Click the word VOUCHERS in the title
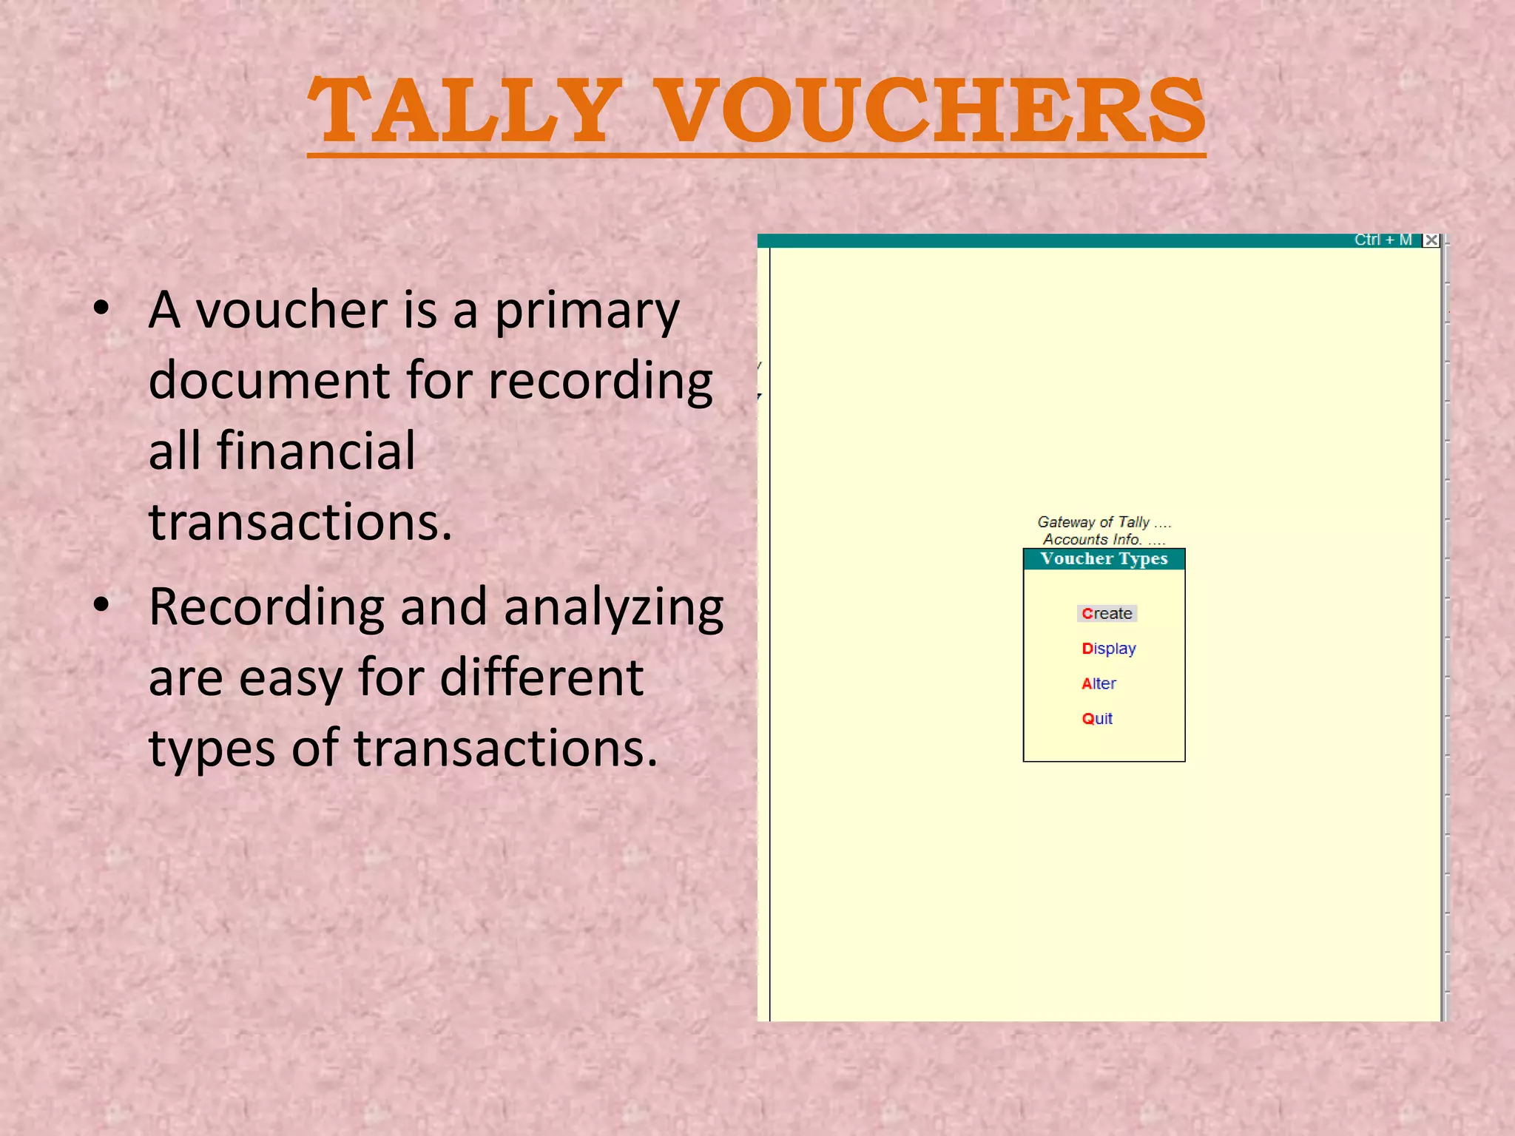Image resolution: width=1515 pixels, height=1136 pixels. tap(931, 111)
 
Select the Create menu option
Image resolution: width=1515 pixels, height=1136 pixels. tap(1107, 613)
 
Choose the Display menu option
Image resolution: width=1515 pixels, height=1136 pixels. tap(1108, 649)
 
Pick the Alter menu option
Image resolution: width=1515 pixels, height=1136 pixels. tap(1099, 683)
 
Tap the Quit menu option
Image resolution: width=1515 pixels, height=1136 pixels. tap(1097, 718)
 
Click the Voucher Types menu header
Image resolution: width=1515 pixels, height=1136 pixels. tap(1104, 558)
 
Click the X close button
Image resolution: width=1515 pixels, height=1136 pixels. tap(1431, 240)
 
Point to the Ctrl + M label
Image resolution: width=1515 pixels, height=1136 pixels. tap(1383, 240)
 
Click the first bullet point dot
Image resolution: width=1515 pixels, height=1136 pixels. tap(102, 308)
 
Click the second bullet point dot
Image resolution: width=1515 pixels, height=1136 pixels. tap(102, 605)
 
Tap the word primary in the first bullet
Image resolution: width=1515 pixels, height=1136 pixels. tap(587, 311)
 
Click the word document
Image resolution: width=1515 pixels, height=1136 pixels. tap(269, 380)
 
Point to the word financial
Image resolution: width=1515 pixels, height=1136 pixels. tap(316, 450)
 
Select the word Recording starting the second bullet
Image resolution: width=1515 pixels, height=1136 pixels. tap(266, 607)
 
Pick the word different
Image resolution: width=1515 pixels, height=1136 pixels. tap(541, 677)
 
